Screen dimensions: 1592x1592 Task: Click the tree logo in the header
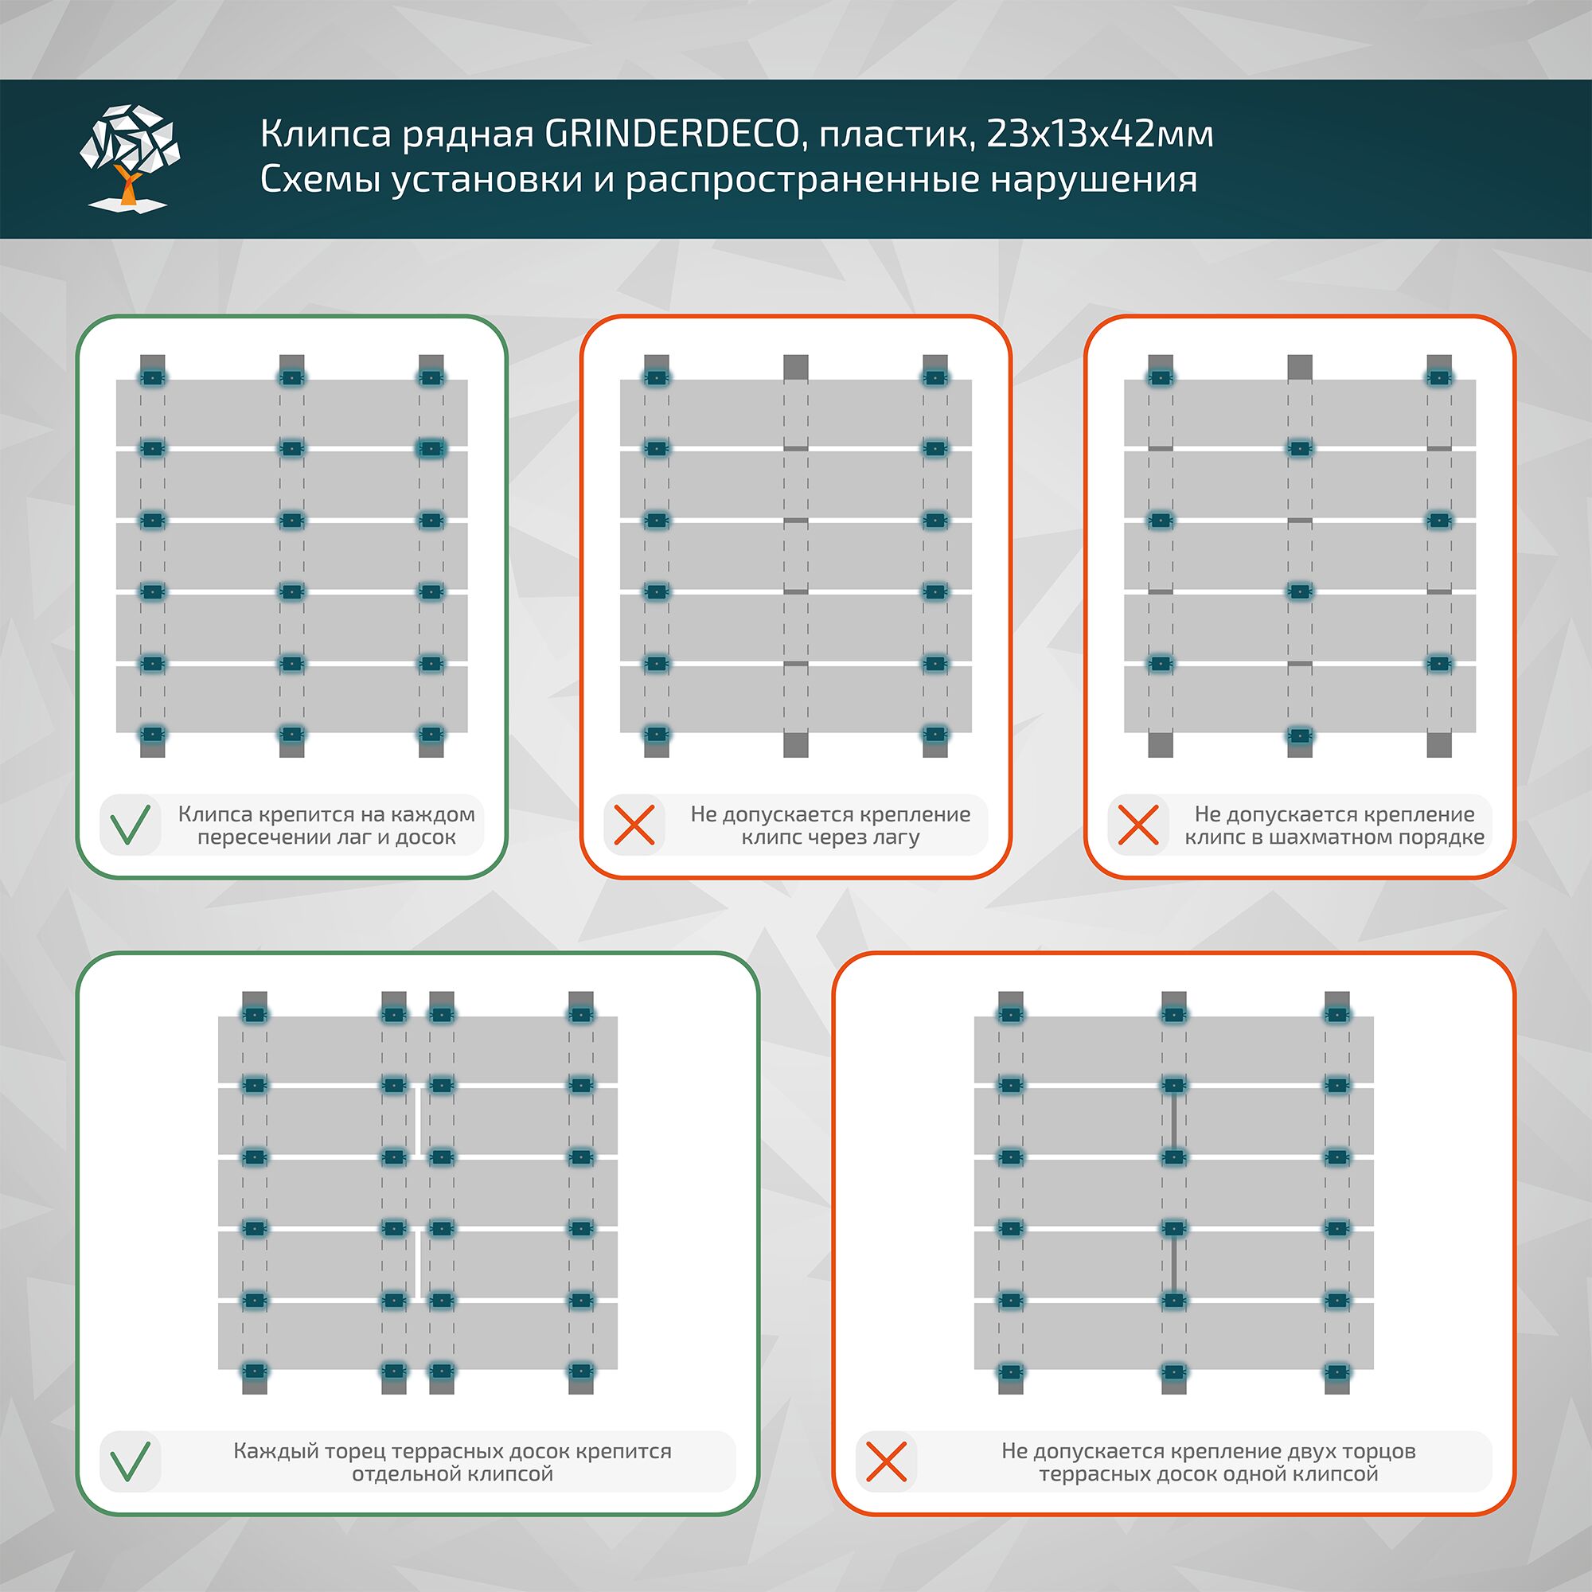[130, 157]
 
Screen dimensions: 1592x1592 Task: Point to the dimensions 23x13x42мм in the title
[1099, 135]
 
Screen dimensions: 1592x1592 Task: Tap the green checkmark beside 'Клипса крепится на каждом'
[131, 825]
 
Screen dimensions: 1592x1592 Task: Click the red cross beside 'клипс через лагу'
[634, 825]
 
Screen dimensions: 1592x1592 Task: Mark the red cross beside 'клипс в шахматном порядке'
[1139, 825]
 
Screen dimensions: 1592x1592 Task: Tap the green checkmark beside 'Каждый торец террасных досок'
[131, 1461]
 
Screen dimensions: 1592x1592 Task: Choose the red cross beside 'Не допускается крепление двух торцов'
[887, 1461]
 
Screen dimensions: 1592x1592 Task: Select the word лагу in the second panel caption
[896, 838]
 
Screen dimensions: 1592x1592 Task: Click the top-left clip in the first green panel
[153, 378]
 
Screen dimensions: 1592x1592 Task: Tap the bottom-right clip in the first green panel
[431, 733]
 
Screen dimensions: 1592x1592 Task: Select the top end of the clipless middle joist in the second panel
[795, 367]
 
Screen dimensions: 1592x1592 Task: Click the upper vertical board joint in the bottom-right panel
[1173, 1122]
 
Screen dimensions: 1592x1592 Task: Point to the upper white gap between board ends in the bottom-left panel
[418, 1122]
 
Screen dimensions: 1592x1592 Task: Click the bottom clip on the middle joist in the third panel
[1300, 733]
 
